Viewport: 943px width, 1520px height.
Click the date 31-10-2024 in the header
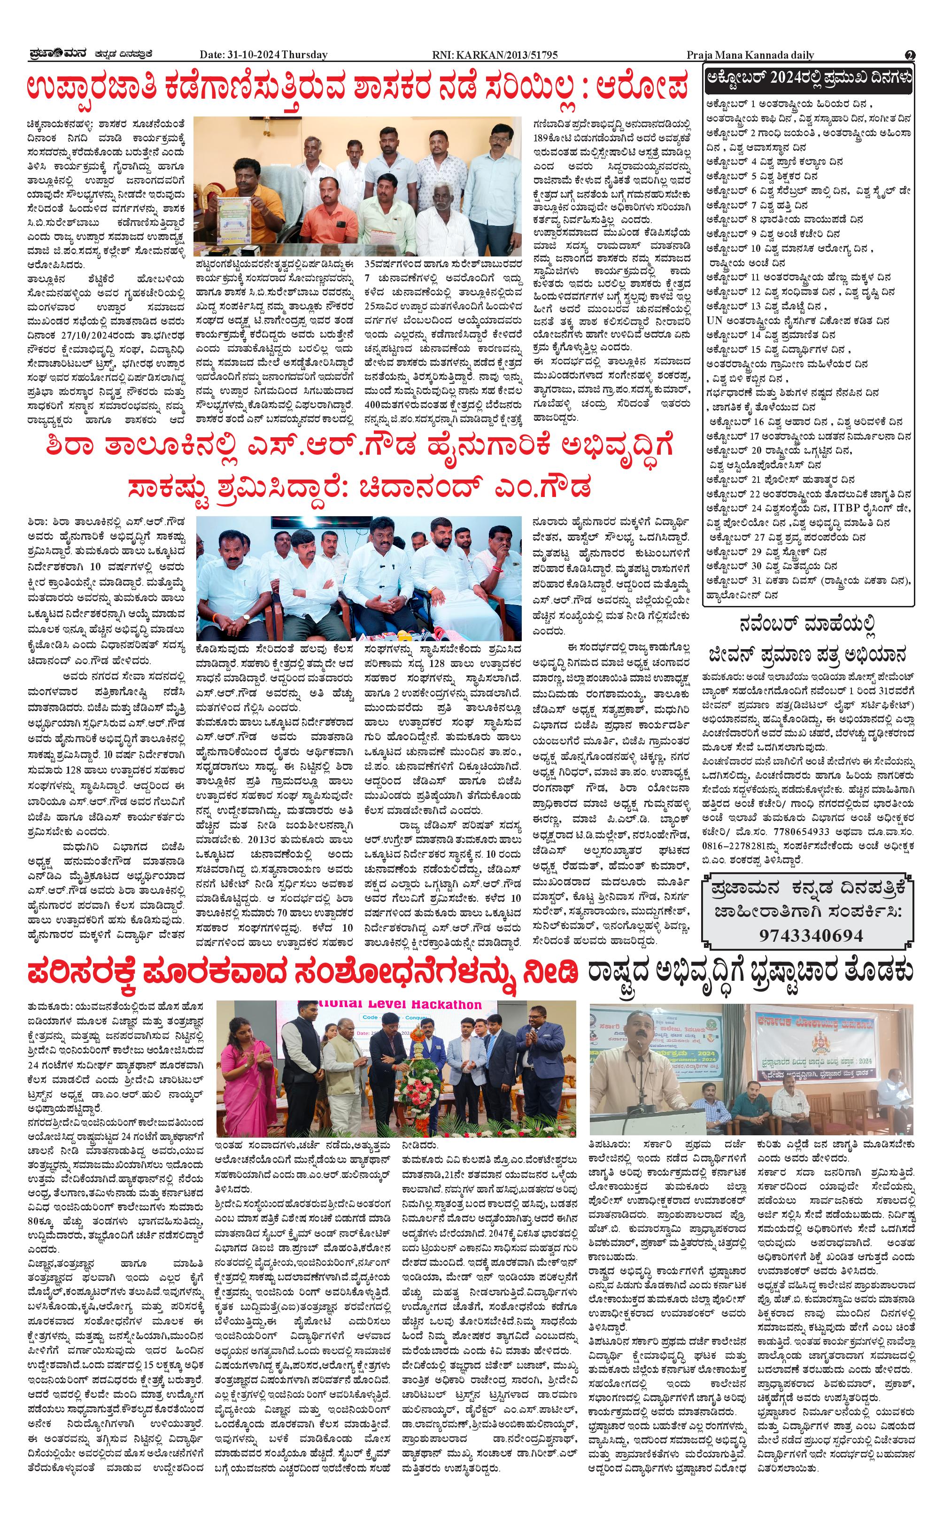pos(252,55)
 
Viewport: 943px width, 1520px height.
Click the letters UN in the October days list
pos(714,321)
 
